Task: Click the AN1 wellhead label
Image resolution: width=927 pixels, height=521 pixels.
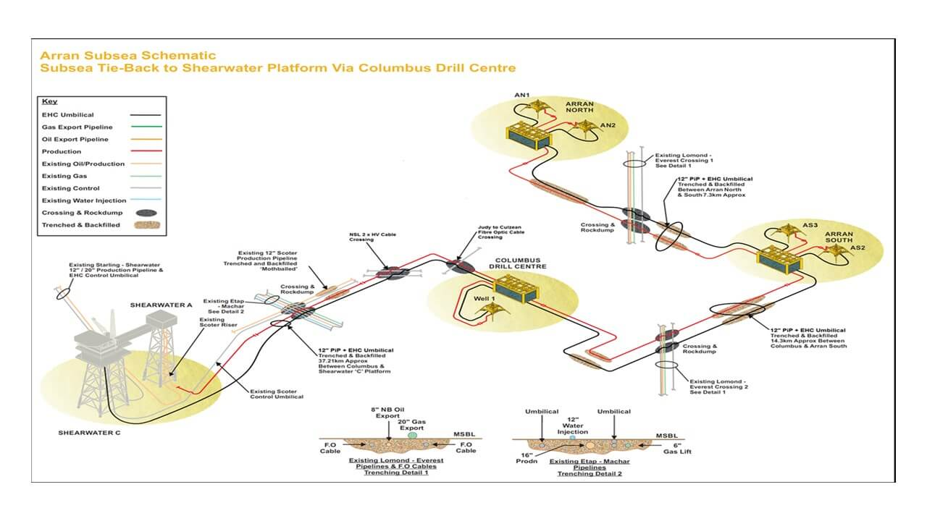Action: point(521,95)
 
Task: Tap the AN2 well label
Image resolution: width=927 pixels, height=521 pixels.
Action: point(608,125)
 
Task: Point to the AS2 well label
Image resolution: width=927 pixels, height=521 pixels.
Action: point(857,248)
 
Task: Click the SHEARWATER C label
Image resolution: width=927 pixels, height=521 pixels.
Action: point(89,433)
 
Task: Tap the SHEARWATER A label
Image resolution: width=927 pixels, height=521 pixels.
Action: point(162,305)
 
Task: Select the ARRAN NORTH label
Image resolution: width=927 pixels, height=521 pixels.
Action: point(579,109)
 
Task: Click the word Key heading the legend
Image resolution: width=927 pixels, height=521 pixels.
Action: point(49,101)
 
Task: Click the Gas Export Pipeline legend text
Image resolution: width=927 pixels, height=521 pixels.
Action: point(77,127)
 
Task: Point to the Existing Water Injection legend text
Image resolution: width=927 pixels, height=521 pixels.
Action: point(84,200)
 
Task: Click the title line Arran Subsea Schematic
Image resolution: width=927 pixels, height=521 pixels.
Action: point(127,55)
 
